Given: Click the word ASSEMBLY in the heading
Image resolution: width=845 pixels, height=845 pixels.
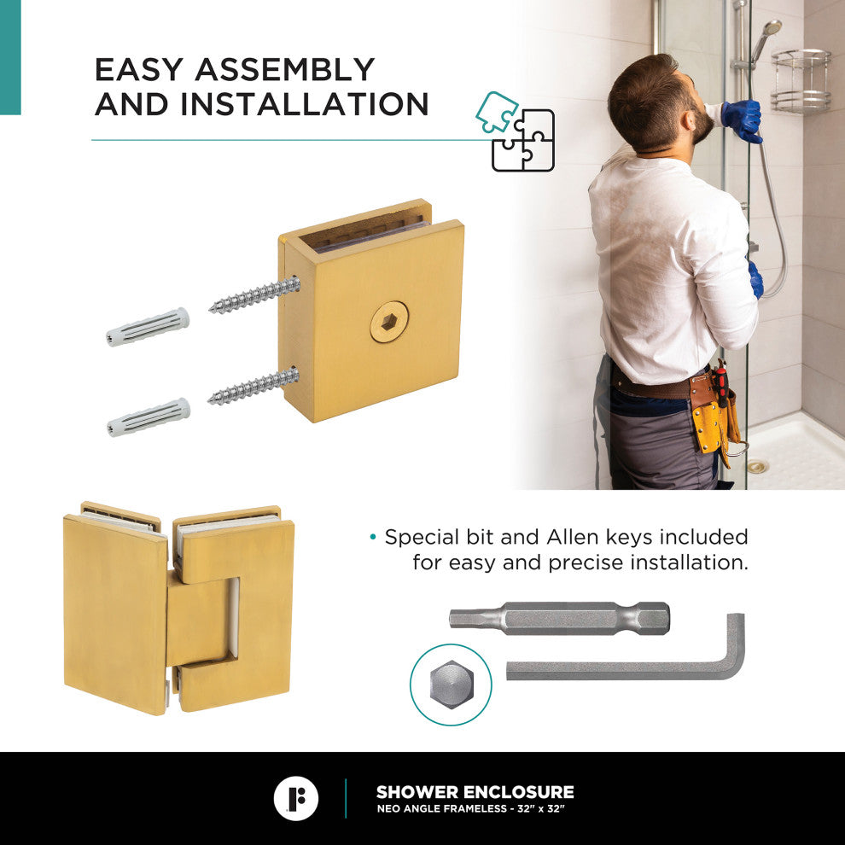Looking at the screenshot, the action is click(284, 70).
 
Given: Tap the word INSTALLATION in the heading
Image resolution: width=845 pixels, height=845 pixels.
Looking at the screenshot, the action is click(305, 104).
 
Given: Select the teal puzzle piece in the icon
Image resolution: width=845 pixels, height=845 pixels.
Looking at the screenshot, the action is click(496, 112).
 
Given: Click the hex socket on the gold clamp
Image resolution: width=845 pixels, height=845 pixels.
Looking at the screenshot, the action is click(389, 323).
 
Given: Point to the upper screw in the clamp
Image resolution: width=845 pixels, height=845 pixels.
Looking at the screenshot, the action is click(254, 294).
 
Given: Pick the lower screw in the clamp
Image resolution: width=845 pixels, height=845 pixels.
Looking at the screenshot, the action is click(253, 386).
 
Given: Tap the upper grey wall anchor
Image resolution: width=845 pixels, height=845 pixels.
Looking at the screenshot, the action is click(148, 327).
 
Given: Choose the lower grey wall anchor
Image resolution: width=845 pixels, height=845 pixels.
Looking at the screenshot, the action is click(149, 417).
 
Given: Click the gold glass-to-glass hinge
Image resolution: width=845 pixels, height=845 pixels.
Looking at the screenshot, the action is click(178, 609).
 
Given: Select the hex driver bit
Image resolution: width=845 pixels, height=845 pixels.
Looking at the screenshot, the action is click(559, 618).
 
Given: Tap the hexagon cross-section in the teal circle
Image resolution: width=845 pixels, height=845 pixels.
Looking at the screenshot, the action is click(452, 685).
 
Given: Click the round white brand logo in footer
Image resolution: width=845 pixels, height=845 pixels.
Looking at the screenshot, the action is click(296, 799).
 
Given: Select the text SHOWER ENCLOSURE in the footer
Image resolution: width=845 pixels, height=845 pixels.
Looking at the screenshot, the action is click(475, 792).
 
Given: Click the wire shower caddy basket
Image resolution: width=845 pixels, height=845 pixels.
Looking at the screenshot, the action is click(801, 81).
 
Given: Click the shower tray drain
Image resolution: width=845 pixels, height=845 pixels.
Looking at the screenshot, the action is click(758, 467).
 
